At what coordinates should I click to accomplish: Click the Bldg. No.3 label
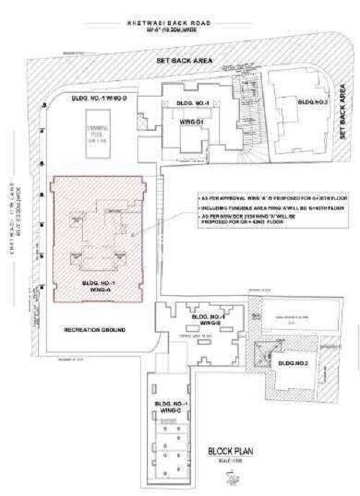pos(312,102)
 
